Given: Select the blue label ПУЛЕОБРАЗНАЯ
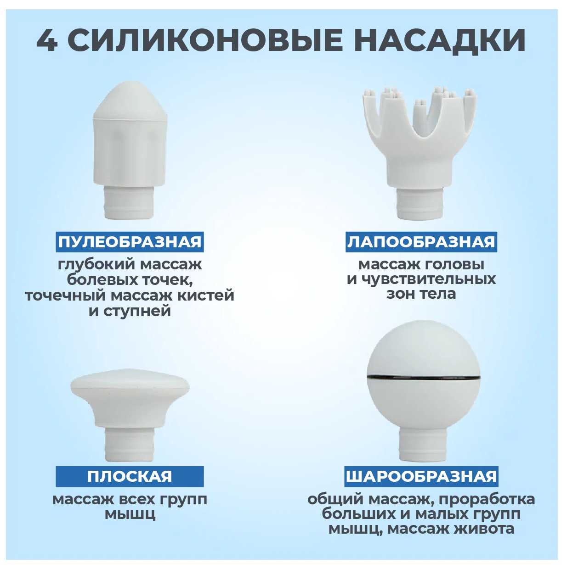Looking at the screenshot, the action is tap(130, 242).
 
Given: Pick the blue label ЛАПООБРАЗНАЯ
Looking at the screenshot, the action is tap(421, 242).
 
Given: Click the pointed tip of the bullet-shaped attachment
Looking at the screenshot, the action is tap(130, 84).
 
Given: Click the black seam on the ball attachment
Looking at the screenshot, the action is tap(424, 378).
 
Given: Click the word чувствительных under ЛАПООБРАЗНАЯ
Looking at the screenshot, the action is tap(429, 279).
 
